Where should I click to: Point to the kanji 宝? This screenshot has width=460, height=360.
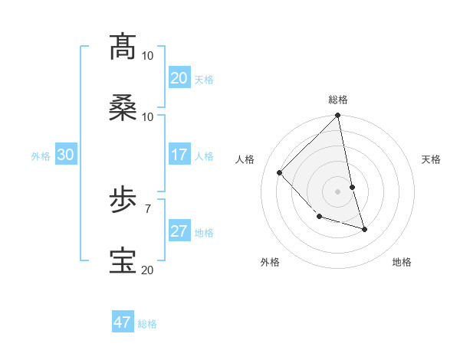(123, 261)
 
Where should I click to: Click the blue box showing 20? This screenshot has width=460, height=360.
(179, 78)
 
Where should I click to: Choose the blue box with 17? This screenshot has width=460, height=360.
(179, 155)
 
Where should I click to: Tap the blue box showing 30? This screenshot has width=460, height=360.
(66, 155)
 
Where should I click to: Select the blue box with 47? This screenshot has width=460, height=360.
(123, 322)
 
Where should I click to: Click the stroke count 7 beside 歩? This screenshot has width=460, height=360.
(147, 208)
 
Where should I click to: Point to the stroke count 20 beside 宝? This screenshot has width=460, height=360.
(147, 269)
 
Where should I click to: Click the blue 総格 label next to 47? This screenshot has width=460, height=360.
(147, 324)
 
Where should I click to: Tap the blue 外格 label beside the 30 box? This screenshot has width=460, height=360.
(41, 156)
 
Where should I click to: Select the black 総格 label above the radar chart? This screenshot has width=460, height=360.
(338, 100)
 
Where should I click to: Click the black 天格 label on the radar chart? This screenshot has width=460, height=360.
(432, 159)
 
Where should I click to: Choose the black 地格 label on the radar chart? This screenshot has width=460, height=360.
(402, 262)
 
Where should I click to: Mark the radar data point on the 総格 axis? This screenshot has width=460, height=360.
(338, 116)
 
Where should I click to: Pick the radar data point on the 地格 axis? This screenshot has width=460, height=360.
(365, 229)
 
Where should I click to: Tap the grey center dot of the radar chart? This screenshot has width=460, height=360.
(338, 191)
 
